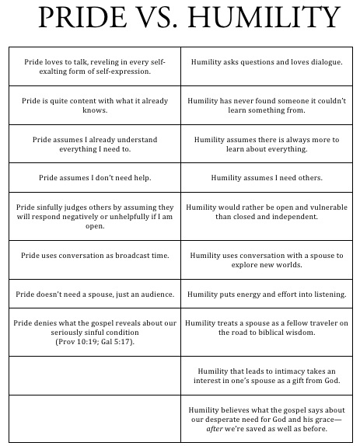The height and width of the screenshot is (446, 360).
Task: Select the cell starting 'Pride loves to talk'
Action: pos(94,66)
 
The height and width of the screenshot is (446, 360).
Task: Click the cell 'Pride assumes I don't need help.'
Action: pos(94,178)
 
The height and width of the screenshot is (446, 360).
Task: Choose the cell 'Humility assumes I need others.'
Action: pos(266,178)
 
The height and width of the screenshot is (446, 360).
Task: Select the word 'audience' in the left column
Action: pos(149,294)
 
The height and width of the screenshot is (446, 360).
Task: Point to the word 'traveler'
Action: pos(323,322)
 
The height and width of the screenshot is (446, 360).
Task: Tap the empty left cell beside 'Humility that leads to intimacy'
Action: pos(94,376)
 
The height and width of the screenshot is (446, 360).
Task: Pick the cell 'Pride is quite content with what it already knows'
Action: pos(94,105)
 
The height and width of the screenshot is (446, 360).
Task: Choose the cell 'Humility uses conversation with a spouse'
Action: pos(266,260)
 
